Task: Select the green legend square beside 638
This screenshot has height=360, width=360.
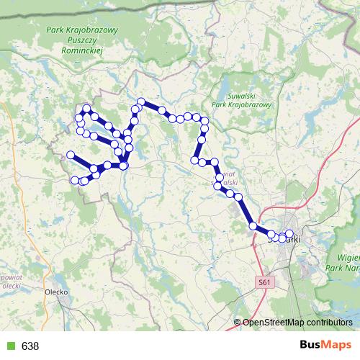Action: (9, 346)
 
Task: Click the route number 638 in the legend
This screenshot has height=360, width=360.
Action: (30, 346)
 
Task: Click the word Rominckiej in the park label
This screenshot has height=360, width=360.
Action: (83, 52)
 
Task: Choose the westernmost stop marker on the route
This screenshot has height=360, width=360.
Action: (71, 155)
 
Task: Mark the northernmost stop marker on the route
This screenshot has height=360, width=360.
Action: (141, 102)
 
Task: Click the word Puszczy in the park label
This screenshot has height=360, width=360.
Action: (82, 42)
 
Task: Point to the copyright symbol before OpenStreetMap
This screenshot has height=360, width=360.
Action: (238, 323)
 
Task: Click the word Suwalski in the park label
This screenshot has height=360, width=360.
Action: (230, 95)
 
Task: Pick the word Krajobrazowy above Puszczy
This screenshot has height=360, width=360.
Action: (92, 31)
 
